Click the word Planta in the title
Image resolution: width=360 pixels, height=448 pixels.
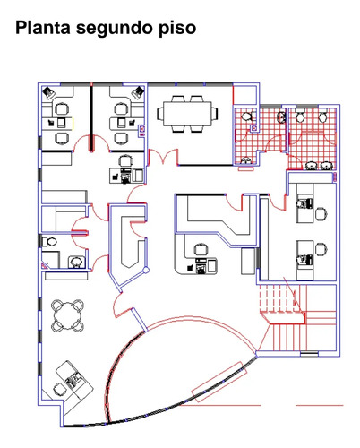coord(43,28)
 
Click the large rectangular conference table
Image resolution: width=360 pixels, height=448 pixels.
coord(187,114)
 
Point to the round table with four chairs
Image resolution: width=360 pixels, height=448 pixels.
coord(67,315)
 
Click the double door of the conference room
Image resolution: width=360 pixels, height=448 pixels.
coord(164,158)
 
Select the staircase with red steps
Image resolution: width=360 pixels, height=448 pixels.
coord(297,319)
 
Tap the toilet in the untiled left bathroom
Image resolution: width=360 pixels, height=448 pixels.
coord(49,242)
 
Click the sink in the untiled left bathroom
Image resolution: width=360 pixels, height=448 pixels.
coord(76,262)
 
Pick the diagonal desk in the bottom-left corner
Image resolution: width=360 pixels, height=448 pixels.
coord(74,382)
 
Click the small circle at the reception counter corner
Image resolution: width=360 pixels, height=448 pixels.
coord(146,270)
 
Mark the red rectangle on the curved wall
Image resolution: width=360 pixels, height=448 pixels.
coord(219,382)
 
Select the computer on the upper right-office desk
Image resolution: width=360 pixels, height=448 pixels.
coord(304,203)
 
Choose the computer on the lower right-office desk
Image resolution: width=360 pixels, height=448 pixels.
coord(304,260)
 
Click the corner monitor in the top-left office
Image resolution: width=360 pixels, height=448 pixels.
coord(48,92)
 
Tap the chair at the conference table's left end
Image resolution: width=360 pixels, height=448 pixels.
coord(160,114)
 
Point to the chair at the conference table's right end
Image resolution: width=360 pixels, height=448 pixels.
coord(214,114)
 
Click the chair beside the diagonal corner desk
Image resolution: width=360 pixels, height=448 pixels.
coord(59,389)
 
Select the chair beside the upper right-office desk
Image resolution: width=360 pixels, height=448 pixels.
coord(321,213)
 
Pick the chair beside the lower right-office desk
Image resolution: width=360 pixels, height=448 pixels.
coord(321,249)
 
